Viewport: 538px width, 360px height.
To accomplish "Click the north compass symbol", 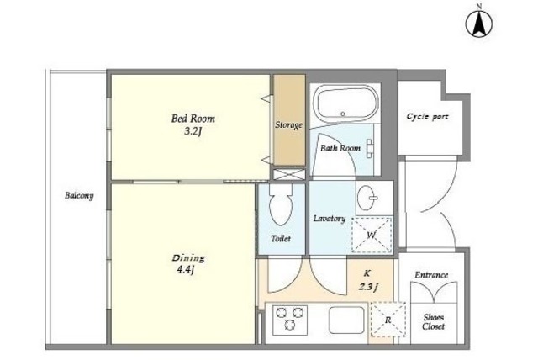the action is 478,23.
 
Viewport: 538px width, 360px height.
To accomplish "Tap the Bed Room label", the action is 193,119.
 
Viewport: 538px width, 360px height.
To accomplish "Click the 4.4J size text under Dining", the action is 186,270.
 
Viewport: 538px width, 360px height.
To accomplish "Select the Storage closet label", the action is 288,125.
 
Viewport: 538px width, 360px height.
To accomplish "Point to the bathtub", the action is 345,103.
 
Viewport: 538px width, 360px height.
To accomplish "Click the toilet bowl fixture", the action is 281,204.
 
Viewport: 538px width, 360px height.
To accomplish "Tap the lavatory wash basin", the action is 367,198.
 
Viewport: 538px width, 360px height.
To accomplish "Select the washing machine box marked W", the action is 372,235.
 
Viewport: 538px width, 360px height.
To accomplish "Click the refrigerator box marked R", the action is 388,320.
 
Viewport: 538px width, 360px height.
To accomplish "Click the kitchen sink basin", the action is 346,320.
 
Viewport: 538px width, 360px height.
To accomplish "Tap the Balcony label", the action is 79,196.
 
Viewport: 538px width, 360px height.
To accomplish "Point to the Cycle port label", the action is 428,117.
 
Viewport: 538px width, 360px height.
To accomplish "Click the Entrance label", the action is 431,275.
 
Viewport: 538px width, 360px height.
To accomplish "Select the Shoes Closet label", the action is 434,322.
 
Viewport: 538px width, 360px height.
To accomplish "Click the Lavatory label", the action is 329,219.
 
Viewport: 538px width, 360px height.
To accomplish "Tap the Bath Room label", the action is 340,148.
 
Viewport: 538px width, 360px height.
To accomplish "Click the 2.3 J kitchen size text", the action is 368,287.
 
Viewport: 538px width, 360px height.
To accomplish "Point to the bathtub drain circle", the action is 342,114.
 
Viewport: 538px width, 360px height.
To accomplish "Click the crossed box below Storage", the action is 289,174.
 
